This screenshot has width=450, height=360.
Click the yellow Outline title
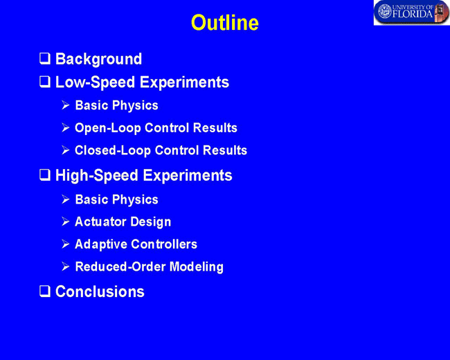coord(225,22)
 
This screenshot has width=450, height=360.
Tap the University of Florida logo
coord(411,12)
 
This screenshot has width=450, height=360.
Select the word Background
coord(98,59)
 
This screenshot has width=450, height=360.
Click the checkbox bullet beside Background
coord(45,58)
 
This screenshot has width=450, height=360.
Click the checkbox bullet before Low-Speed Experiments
coord(45,82)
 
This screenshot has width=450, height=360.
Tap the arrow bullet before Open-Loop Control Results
coord(66,128)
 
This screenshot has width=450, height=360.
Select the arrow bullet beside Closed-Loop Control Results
coord(66,150)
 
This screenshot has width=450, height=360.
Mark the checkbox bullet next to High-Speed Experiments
coord(45,174)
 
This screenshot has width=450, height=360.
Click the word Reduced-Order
coord(120,267)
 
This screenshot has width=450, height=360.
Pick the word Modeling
coord(197,267)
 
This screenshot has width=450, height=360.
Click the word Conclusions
coord(100,291)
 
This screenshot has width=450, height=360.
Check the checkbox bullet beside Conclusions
coord(45,291)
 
